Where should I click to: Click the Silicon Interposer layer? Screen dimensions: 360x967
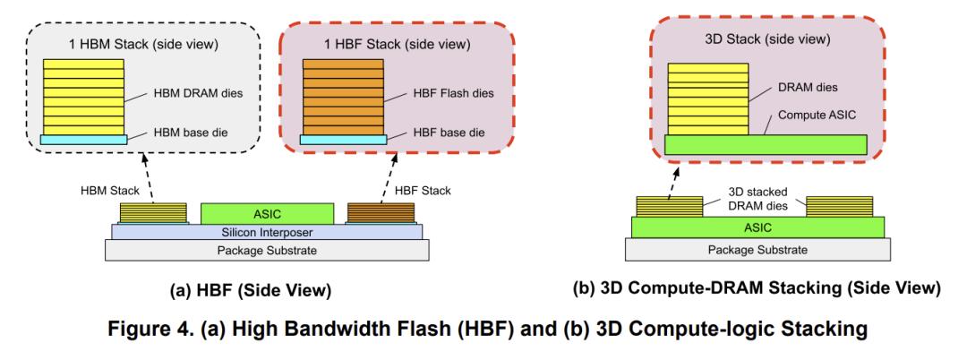point(267,231)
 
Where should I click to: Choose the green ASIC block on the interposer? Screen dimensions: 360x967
point(267,212)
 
